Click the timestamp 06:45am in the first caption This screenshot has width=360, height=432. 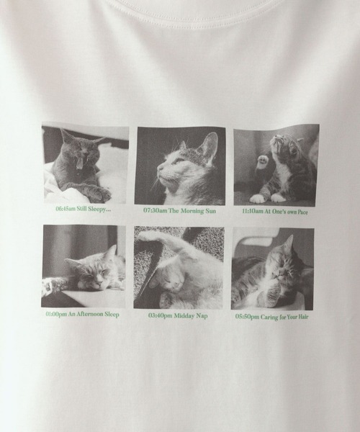66,210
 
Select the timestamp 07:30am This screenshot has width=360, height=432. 156,211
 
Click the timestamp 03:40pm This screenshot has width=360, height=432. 160,315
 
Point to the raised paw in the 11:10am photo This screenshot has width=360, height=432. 263,161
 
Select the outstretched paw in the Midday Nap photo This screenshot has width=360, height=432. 148,235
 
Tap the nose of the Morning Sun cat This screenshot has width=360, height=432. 159,171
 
